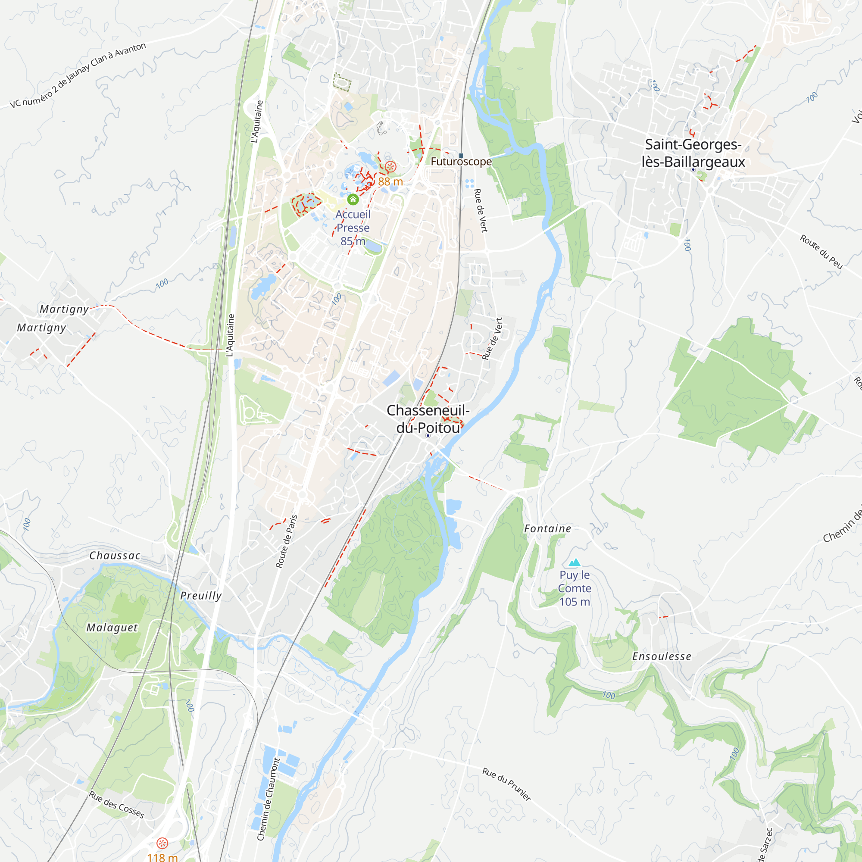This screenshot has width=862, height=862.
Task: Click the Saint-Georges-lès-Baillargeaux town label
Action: pyautogui.click(x=693, y=153)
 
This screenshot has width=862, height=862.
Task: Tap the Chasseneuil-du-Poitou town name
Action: pyautogui.click(x=428, y=419)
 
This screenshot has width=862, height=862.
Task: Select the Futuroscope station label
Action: pyautogui.click(x=461, y=162)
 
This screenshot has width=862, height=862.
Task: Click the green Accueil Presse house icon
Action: pyautogui.click(x=353, y=199)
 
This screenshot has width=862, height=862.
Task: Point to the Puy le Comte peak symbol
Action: pyautogui.click(x=574, y=562)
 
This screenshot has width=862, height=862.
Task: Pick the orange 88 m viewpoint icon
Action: pyautogui.click(x=390, y=167)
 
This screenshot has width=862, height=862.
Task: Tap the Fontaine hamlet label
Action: pyautogui.click(x=547, y=529)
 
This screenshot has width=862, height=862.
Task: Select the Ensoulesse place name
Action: pyautogui.click(x=662, y=656)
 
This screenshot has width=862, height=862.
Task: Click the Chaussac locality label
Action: pyautogui.click(x=115, y=556)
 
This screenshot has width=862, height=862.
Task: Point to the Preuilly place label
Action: pyautogui.click(x=201, y=596)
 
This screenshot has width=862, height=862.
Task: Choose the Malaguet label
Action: pyautogui.click(x=112, y=627)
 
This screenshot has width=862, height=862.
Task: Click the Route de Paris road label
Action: pyautogui.click(x=287, y=541)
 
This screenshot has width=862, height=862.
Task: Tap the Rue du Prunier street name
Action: pyautogui.click(x=506, y=784)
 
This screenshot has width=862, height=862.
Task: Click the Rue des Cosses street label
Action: pyautogui.click(x=116, y=804)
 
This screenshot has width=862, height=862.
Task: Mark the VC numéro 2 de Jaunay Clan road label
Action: pyautogui.click(x=78, y=75)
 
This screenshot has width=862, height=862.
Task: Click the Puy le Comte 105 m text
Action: pyautogui.click(x=575, y=588)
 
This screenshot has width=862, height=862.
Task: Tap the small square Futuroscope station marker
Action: pyautogui.click(x=461, y=155)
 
